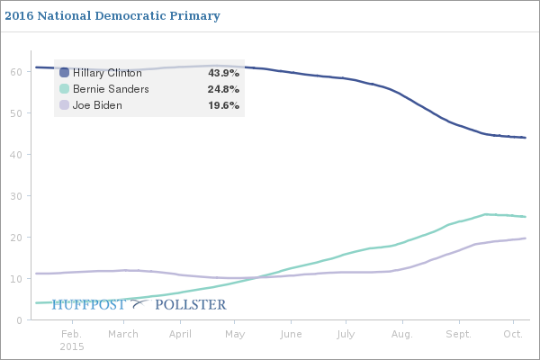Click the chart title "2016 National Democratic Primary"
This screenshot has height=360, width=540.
[x=117, y=16]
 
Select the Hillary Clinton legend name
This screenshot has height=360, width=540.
[x=107, y=73]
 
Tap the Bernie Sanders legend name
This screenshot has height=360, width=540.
[x=111, y=89]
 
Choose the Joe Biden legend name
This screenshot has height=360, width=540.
[x=97, y=105]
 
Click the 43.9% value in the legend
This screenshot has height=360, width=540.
[x=223, y=73]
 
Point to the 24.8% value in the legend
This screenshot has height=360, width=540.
[x=223, y=89]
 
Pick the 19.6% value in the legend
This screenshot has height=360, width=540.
[x=223, y=105]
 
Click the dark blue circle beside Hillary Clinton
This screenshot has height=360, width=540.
[x=65, y=73]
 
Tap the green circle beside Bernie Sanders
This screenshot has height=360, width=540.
[x=65, y=89]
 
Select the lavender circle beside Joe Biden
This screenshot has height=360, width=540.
[x=65, y=105]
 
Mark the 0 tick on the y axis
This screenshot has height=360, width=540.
[x=19, y=319]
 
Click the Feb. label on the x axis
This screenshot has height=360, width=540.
[x=71, y=334]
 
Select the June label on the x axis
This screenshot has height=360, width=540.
[x=291, y=334]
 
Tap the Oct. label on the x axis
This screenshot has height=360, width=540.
[x=512, y=334]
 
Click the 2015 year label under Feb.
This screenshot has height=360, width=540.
[x=71, y=346]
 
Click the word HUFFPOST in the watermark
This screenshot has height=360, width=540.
[x=89, y=305]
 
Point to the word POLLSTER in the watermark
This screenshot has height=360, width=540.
[x=191, y=305]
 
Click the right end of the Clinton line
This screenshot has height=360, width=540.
[x=526, y=138]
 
